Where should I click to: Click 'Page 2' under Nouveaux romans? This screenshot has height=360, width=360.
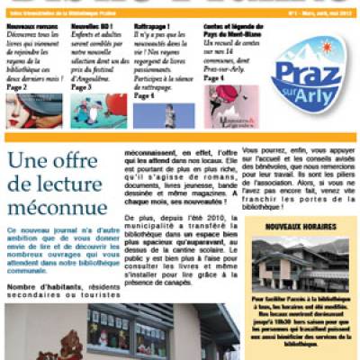(17, 86)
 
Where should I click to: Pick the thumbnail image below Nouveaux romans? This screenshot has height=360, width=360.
(34, 111)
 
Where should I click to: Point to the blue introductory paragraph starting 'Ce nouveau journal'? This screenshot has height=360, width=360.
(60, 249)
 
